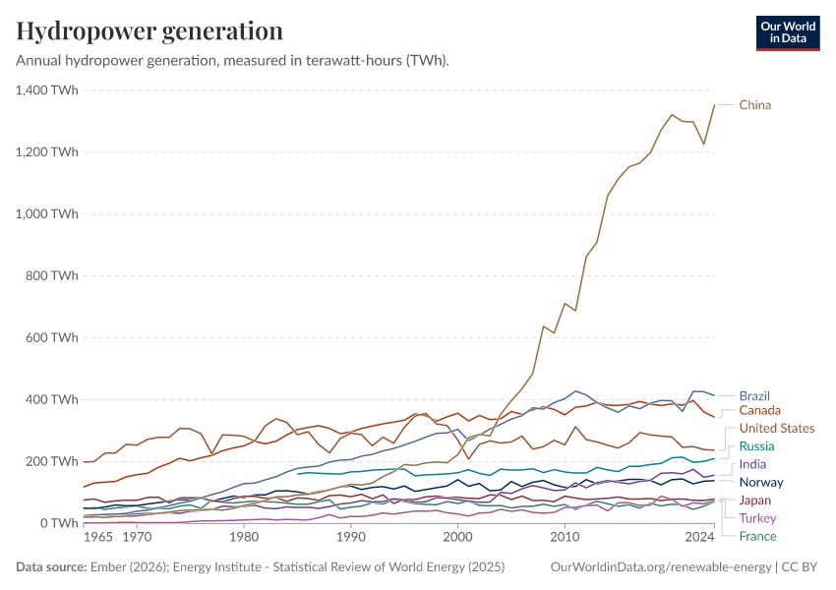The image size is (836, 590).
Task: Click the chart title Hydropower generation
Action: [x=149, y=30]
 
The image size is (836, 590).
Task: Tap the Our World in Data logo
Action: [x=790, y=31]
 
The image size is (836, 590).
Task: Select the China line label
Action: [x=755, y=105]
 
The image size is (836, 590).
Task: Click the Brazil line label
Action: [x=754, y=396]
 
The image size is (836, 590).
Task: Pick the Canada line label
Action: [x=759, y=410]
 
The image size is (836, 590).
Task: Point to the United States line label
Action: [x=777, y=428]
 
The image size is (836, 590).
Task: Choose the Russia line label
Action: [x=756, y=446]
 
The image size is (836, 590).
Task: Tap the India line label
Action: [x=752, y=464]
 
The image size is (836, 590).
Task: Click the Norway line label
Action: [x=761, y=482]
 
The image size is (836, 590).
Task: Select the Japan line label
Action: [x=755, y=501]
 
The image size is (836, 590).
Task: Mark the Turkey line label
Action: [x=757, y=518]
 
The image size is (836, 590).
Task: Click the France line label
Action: [x=757, y=536]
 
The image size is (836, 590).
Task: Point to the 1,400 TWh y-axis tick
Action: [x=47, y=90]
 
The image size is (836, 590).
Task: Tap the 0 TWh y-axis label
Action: [x=59, y=523]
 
